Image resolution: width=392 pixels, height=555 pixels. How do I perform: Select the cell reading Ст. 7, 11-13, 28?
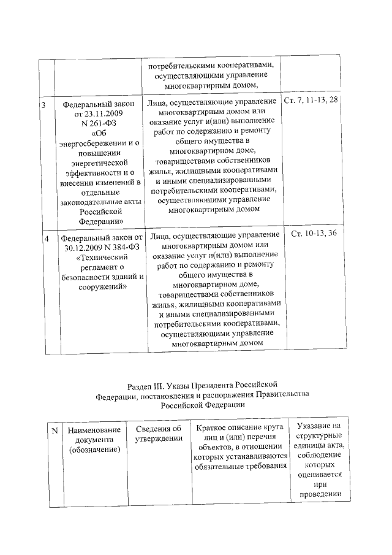point(311,100)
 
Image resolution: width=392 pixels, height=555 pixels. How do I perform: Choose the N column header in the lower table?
point(55,432)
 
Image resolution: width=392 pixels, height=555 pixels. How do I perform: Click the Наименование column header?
point(94,432)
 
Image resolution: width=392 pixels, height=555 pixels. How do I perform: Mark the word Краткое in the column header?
point(214,427)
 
